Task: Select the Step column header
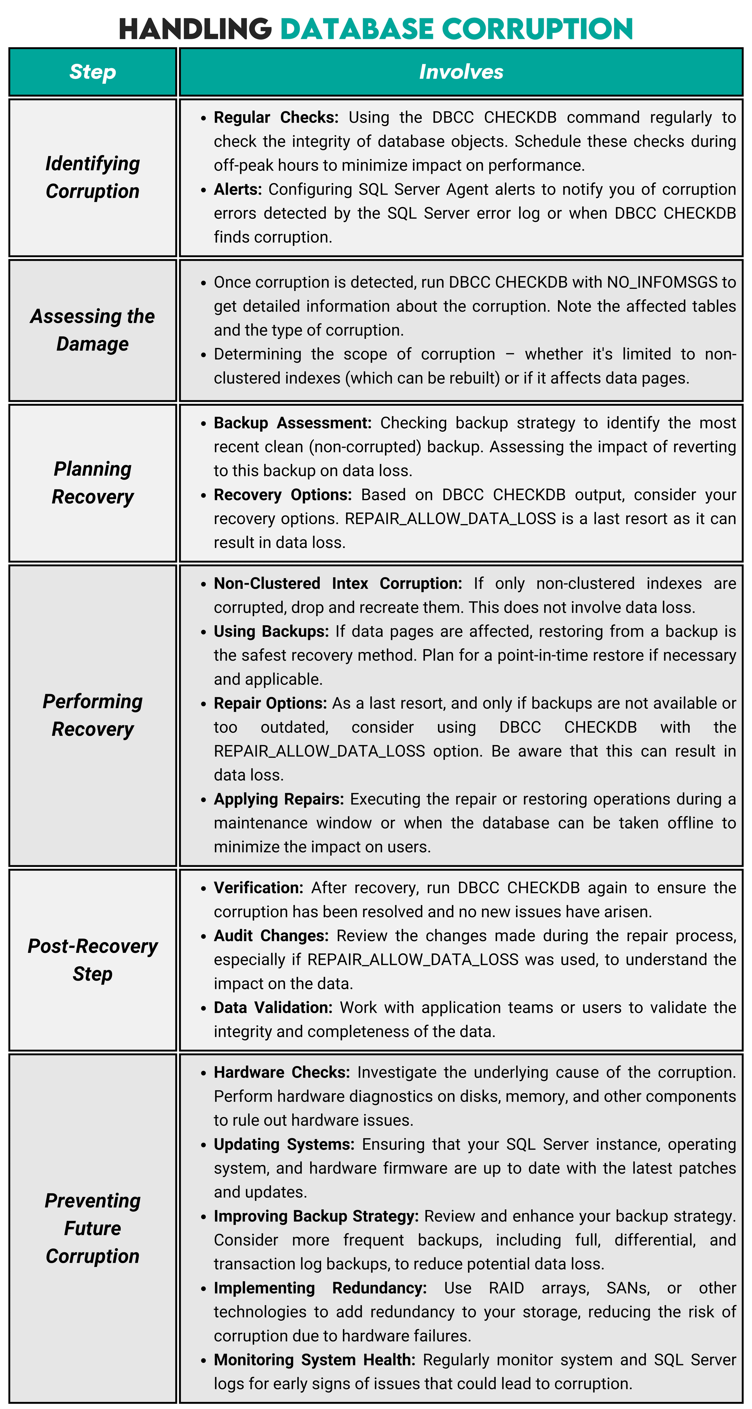(92, 72)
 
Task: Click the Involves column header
(461, 72)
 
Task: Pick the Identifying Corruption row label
(92, 177)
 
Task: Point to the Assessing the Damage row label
(92, 330)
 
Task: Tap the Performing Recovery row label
(92, 715)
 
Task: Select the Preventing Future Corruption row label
(92, 1228)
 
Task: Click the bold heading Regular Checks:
(276, 118)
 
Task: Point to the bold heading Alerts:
(238, 189)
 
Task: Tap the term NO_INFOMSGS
(662, 282)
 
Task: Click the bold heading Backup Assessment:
(292, 423)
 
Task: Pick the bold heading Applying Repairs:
(279, 799)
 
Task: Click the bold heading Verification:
(258, 888)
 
